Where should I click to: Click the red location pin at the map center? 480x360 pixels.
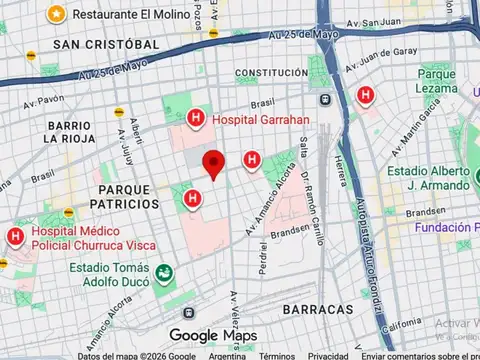(212, 163)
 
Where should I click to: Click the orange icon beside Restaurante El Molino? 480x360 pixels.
(57, 15)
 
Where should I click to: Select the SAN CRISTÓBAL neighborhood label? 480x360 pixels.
(107, 45)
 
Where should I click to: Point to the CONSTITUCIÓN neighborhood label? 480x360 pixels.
(271, 73)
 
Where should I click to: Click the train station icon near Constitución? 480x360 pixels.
(325, 99)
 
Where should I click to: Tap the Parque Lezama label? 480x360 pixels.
(436, 81)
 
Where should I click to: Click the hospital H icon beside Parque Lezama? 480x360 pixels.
(366, 96)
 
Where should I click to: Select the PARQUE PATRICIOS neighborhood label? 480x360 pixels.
(128, 196)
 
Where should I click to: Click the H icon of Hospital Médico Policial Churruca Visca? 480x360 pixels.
(15, 236)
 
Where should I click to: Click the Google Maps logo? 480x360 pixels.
(212, 335)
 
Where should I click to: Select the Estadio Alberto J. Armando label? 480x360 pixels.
(427, 178)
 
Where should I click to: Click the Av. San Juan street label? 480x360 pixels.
(374, 21)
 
